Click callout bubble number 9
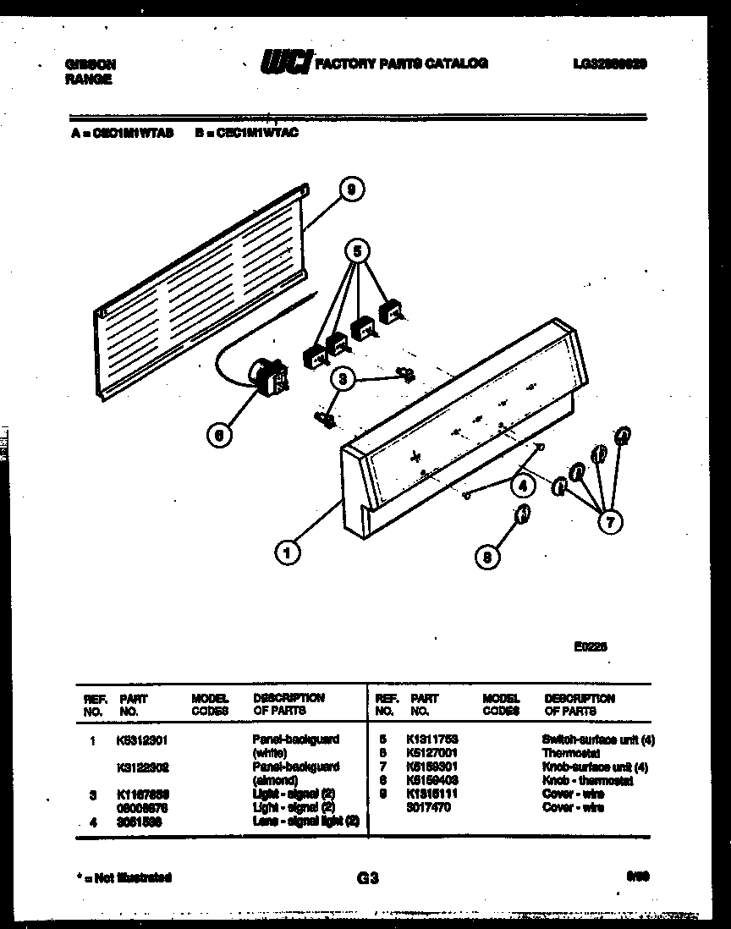(350, 190)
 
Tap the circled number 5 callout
(358, 251)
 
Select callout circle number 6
(218, 435)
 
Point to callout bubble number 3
(342, 380)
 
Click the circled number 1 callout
(288, 553)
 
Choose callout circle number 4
(523, 486)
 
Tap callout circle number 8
(487, 556)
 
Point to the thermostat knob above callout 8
(522, 513)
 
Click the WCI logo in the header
(285, 63)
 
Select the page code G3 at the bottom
(367, 878)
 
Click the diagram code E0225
(591, 647)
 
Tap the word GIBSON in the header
(91, 64)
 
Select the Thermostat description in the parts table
(571, 753)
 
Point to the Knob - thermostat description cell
(587, 781)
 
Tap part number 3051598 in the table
(140, 822)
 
